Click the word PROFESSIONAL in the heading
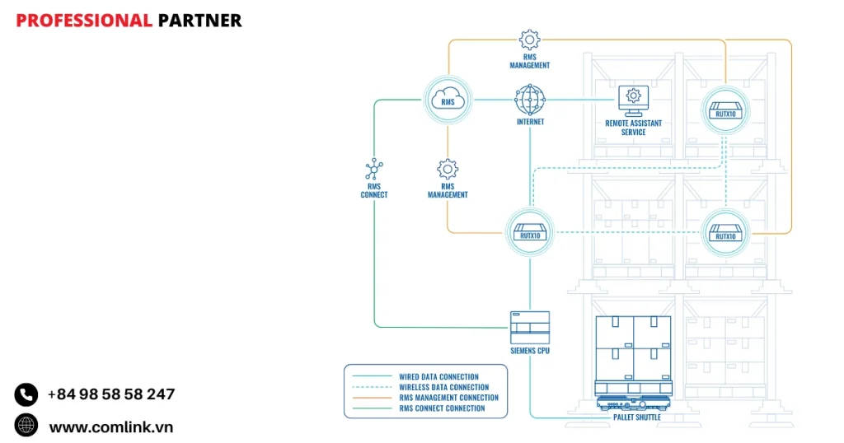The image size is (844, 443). [x=84, y=21]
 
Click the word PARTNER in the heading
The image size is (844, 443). [x=199, y=21]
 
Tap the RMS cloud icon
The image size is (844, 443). [x=448, y=100]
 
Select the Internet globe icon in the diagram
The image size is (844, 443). [x=530, y=100]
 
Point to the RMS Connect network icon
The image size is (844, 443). [x=373, y=170]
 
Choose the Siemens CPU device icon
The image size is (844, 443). [x=529, y=327]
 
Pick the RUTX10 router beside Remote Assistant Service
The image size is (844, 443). [x=725, y=109]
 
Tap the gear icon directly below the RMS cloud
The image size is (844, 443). [x=448, y=170]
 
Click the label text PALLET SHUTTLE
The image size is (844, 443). [x=636, y=417]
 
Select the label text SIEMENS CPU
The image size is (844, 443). [x=529, y=351]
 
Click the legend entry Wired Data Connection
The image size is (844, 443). [x=438, y=377]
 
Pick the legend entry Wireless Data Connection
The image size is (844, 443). [x=443, y=388]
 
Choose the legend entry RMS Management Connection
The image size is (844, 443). [x=448, y=398]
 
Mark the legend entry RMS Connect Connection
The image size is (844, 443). [x=442, y=408]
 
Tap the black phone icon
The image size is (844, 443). [x=26, y=394]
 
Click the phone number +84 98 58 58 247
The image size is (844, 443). [x=110, y=394]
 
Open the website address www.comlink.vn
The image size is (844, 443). [x=110, y=427]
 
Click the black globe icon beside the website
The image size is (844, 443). [x=26, y=425]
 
